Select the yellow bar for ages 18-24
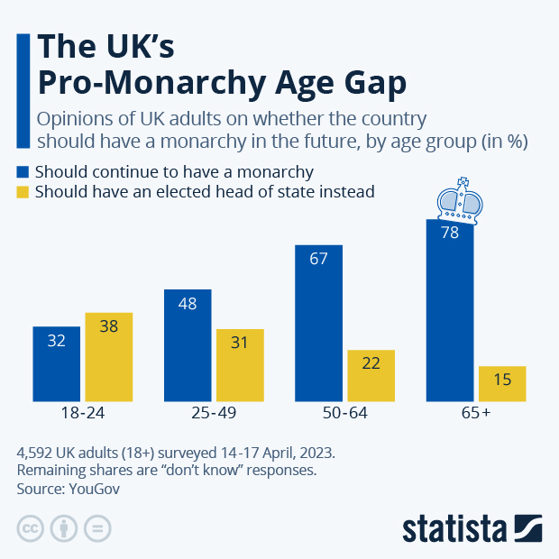pyautogui.click(x=109, y=357)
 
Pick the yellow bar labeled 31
pyautogui.click(x=240, y=365)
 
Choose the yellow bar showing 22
pyautogui.click(x=371, y=375)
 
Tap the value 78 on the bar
pyautogui.click(x=450, y=233)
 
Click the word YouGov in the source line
pyautogui.click(x=93, y=489)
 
